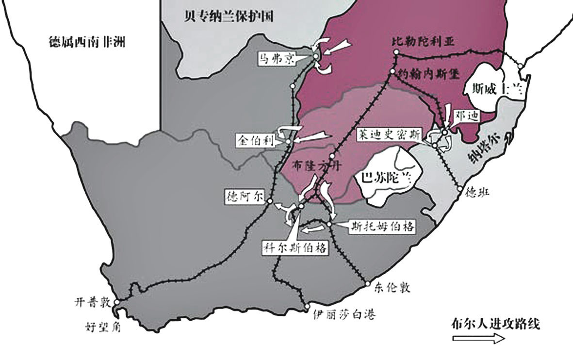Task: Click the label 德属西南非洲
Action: pos(87,42)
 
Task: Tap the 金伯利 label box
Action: pos(255,140)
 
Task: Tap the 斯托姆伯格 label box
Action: pos(383,226)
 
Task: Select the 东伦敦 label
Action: pos(393,287)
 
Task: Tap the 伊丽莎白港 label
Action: pos(344,314)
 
